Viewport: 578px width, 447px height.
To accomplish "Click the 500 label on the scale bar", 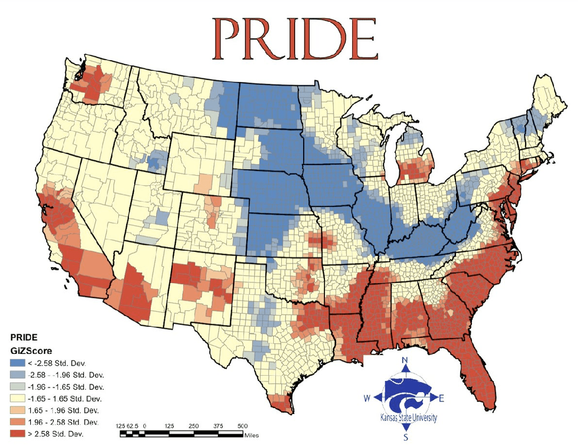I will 242,426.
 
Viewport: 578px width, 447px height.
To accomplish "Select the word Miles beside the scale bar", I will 251,435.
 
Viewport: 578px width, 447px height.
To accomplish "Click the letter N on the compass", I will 405,360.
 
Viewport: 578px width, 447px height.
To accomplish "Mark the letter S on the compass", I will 406,437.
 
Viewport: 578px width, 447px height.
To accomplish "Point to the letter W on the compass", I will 368,398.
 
